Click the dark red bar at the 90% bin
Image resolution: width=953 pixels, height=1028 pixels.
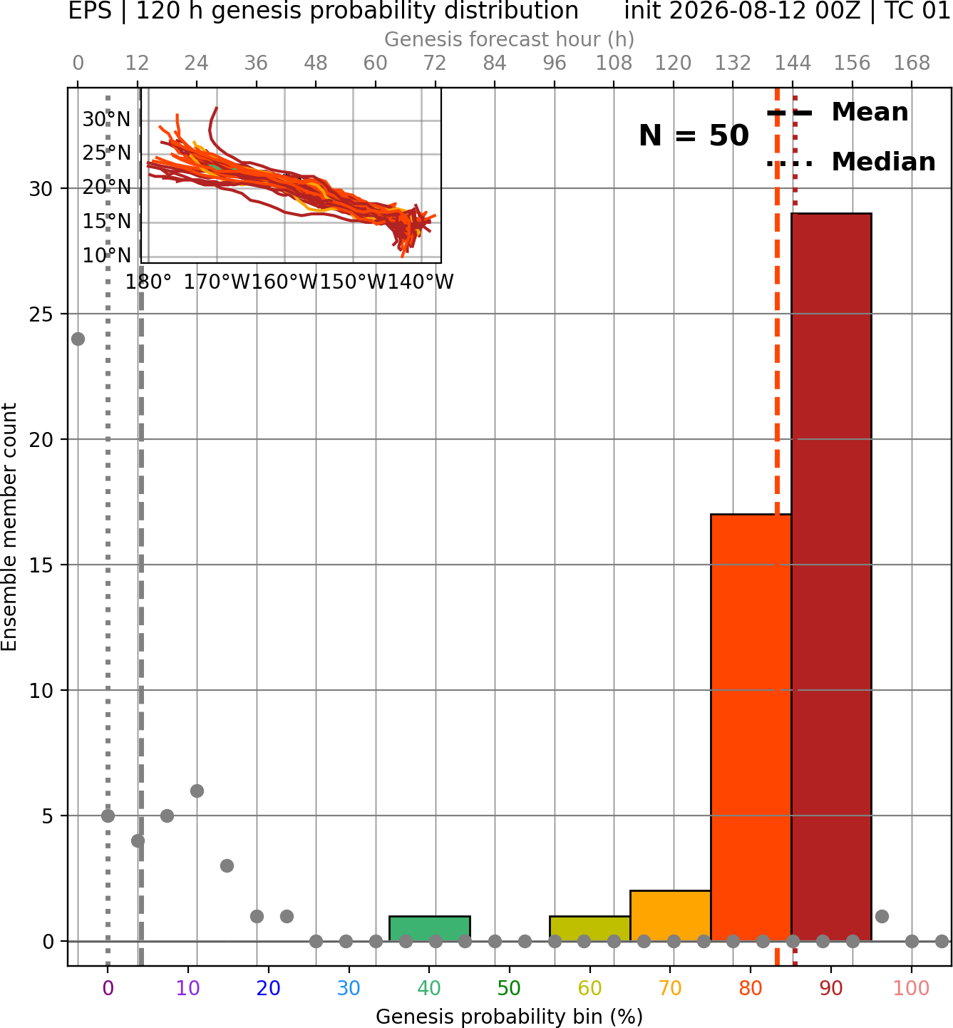click(831, 577)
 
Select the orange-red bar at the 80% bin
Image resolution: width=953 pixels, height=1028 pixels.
click(751, 728)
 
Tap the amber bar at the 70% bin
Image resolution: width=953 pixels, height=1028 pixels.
click(670, 916)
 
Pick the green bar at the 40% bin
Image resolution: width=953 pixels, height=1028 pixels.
click(430, 929)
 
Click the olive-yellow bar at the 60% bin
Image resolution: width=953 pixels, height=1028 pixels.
click(590, 929)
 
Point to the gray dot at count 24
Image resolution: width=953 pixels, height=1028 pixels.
click(78, 339)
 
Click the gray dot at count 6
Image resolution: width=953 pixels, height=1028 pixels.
click(197, 791)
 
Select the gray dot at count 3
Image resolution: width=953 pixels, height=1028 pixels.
click(227, 866)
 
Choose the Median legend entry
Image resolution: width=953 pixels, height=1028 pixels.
click(851, 162)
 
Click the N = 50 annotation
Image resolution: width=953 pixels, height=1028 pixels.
click(694, 135)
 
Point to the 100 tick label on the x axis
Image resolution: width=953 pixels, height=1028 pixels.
click(912, 988)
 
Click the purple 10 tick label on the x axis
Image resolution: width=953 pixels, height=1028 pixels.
click(187, 988)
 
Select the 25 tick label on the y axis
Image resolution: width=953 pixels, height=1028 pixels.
click(41, 314)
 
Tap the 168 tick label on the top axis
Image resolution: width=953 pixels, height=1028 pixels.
click(912, 63)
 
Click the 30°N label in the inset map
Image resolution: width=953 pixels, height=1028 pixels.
click(107, 120)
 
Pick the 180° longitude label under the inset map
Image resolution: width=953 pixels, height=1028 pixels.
click(148, 282)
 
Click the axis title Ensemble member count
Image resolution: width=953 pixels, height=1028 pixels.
click(9, 527)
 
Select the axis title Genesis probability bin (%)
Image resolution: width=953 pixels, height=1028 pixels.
click(510, 1017)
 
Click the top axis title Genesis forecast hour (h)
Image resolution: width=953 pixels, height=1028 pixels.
click(510, 39)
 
